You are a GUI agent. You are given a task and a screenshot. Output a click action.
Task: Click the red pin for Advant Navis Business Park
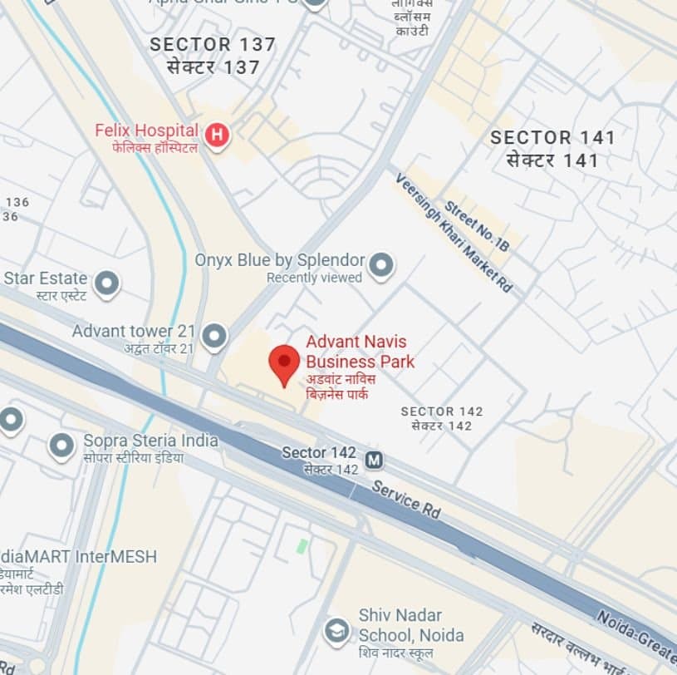tap(284, 363)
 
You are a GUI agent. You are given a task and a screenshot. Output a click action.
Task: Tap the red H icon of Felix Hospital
tap(217, 135)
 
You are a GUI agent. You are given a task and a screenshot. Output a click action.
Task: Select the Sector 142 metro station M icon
tap(375, 459)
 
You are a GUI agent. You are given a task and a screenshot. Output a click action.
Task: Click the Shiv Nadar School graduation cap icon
tap(336, 629)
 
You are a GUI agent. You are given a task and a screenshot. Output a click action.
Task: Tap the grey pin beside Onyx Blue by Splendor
tap(380, 264)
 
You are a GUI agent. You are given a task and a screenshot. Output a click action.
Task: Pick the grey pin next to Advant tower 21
tap(214, 336)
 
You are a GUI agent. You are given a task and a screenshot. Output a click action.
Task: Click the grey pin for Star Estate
tap(106, 283)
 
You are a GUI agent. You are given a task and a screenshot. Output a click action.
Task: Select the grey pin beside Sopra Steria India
tap(62, 445)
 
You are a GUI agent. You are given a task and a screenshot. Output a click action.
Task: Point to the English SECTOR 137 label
tap(213, 45)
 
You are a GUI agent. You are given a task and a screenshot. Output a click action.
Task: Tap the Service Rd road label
tap(406, 499)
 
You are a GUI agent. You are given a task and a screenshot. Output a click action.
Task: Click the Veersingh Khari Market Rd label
tap(454, 233)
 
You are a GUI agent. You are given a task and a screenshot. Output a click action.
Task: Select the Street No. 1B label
tap(477, 225)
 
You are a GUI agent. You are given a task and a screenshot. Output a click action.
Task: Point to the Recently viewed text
tap(314, 278)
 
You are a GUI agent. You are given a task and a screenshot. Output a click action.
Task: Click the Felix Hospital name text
tap(147, 131)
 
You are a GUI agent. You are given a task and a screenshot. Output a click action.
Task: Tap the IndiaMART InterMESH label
tap(78, 556)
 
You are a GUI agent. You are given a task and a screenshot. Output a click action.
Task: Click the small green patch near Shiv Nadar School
tap(302, 546)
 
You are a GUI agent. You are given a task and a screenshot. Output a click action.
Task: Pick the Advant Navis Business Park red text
tap(360, 352)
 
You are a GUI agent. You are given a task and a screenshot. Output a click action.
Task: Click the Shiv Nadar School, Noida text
tap(411, 625)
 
